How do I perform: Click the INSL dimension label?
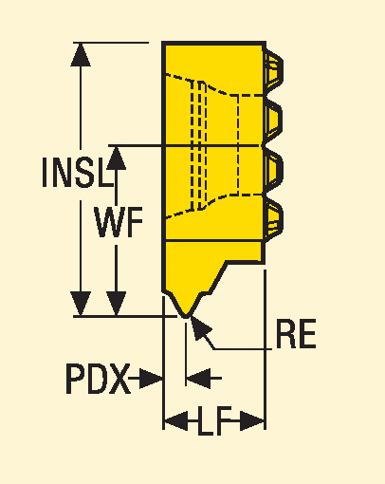point(78,173)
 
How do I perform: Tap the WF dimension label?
point(119,222)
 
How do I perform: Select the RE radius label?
point(296,334)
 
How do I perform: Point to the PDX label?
point(98,379)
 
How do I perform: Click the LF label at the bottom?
point(215,421)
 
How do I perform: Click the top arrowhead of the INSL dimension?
point(81,54)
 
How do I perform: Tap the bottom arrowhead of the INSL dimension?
point(81,304)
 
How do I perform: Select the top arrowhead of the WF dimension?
point(117,158)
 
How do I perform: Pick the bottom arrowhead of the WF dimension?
point(117,304)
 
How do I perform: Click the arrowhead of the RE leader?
point(200,328)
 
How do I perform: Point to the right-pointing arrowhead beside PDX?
point(151,378)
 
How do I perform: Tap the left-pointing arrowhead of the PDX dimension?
point(198,378)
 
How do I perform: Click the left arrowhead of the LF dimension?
point(176,421)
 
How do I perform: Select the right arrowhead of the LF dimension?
point(252,421)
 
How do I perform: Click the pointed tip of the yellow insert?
point(186,316)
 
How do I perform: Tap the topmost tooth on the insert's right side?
point(273,68)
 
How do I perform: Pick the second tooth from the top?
point(273,119)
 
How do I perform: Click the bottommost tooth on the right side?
point(273,217)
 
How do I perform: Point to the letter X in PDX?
point(119,379)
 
